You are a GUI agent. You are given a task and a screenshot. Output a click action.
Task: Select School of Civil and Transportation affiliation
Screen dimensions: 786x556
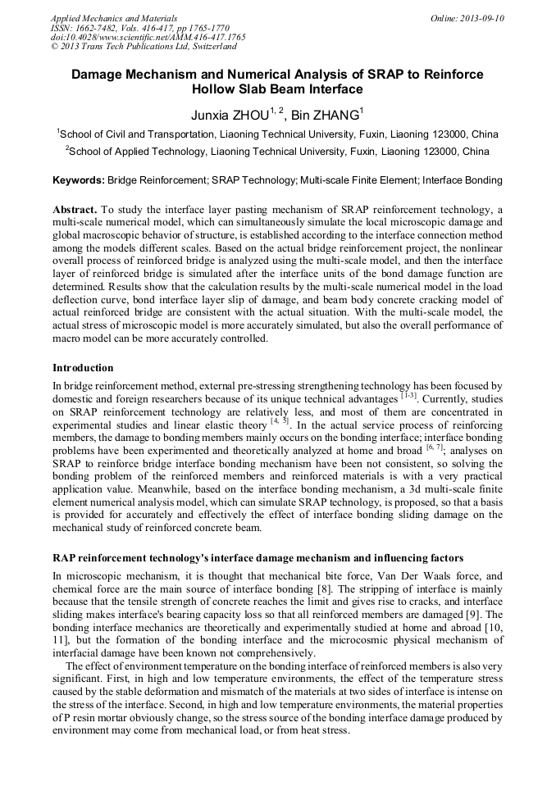279,134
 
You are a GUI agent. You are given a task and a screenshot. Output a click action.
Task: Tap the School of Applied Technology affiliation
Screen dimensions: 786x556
279,152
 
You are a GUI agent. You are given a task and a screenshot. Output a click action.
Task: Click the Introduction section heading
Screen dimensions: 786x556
83,367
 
